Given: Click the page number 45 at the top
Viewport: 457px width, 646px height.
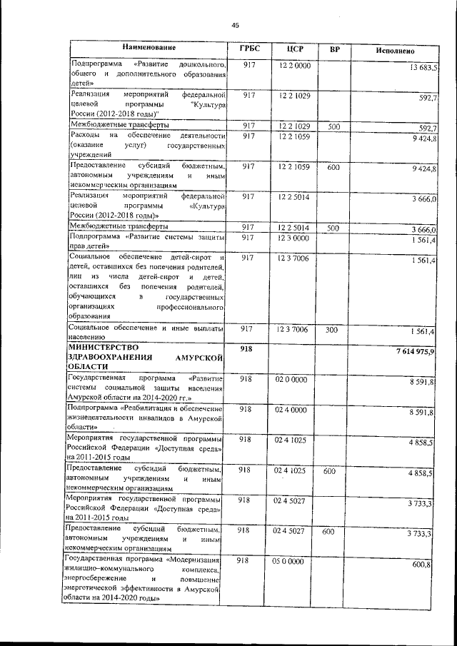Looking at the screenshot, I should point(235,26).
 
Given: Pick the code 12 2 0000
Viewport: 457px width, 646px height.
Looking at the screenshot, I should point(295,65).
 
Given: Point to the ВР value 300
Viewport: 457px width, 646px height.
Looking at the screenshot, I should point(333,330).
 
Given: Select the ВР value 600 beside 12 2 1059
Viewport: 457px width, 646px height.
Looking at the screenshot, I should point(333,166).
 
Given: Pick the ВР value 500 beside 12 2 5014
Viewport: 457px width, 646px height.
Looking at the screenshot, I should point(333,228).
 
